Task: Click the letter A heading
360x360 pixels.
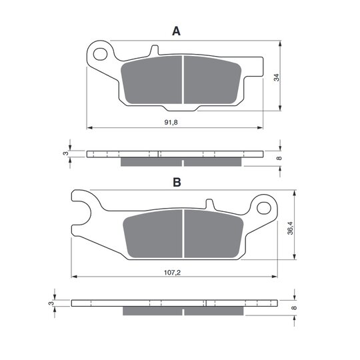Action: coord(176,31)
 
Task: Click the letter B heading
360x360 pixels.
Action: coord(177,182)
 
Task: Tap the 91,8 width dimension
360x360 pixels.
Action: coord(171,123)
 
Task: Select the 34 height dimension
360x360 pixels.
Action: coord(277,77)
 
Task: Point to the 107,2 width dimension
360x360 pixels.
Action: coord(172,273)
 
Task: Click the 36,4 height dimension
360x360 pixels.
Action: coord(291,228)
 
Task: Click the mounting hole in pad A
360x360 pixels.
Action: coord(100,54)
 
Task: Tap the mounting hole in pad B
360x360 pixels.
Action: coord(264,208)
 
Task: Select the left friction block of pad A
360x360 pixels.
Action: coord(151,80)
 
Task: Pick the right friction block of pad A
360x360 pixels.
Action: coord(212,80)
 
